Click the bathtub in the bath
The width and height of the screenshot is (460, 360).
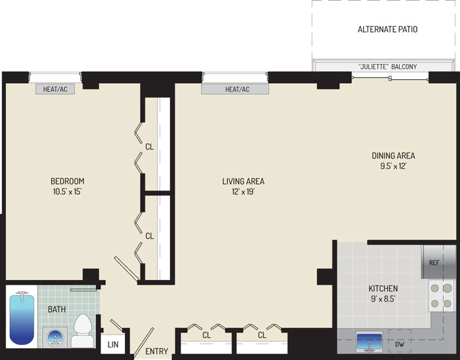pyautogui.click(x=22, y=318)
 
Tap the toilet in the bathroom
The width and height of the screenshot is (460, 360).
pyautogui.click(x=82, y=331)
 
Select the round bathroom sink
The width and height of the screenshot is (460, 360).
pyautogui.click(x=55, y=337)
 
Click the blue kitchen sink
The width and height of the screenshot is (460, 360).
pyautogui.click(x=369, y=341)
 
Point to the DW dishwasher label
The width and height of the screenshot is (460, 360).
pyautogui.click(x=399, y=344)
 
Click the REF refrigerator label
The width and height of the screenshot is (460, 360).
pyautogui.click(x=434, y=262)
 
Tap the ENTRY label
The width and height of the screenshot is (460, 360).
pyautogui.click(x=156, y=351)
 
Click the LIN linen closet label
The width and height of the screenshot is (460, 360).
pyautogui.click(x=113, y=344)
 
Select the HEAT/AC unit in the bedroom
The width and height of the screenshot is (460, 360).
pyautogui.click(x=55, y=89)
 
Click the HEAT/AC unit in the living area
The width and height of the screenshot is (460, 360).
pyautogui.click(x=235, y=89)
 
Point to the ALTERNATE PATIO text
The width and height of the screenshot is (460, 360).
pyautogui.click(x=387, y=29)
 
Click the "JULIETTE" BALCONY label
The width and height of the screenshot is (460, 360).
pyautogui.click(x=387, y=67)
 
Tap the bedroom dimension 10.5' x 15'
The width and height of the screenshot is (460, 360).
pyautogui.click(x=67, y=192)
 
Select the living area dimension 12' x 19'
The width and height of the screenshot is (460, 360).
pyautogui.click(x=243, y=192)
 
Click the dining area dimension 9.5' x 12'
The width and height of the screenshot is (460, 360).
pyautogui.click(x=393, y=166)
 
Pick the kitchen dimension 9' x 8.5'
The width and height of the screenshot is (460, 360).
pyautogui.click(x=383, y=299)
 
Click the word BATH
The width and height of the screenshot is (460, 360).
pyautogui.click(x=57, y=309)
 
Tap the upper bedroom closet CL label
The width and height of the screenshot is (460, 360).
pyautogui.click(x=150, y=147)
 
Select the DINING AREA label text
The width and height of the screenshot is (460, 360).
pyautogui.click(x=393, y=156)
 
